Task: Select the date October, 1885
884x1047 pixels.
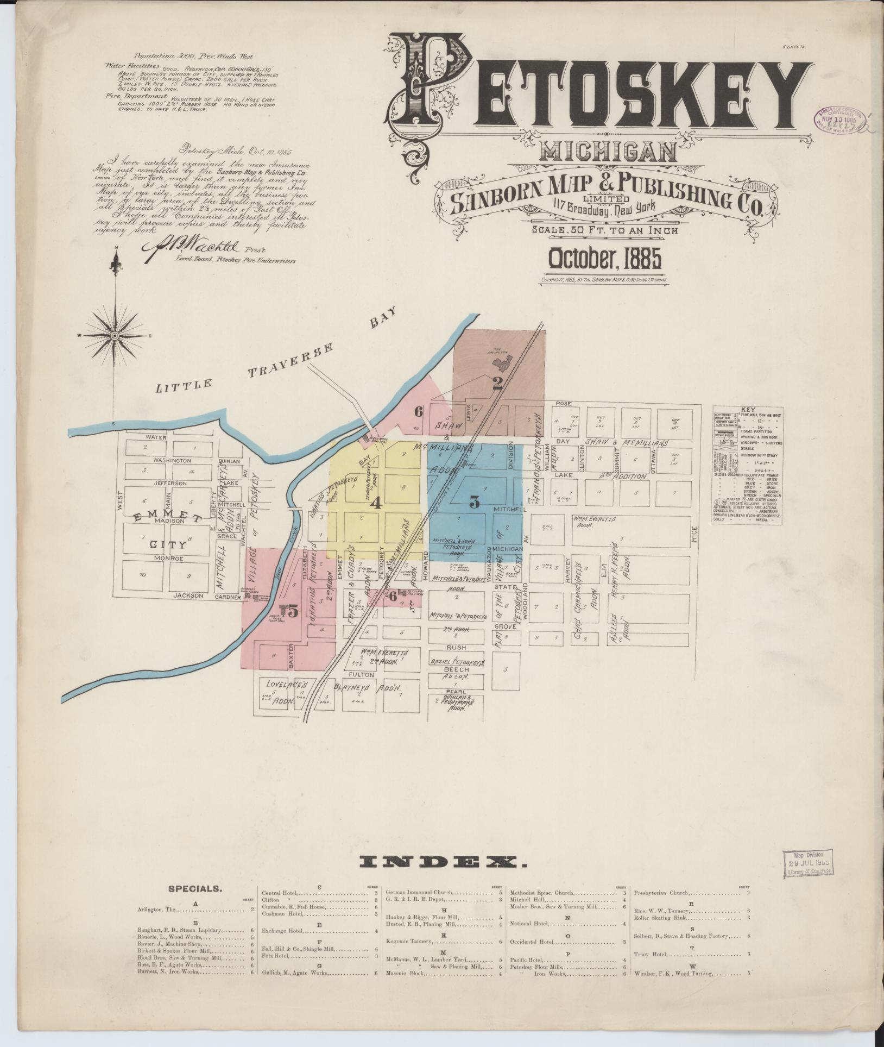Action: click(x=605, y=259)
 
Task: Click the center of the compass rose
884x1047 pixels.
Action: click(x=115, y=336)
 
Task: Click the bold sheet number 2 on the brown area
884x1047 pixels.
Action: click(x=497, y=384)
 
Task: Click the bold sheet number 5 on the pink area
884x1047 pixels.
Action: click(x=293, y=612)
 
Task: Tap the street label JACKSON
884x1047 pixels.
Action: click(x=188, y=595)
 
